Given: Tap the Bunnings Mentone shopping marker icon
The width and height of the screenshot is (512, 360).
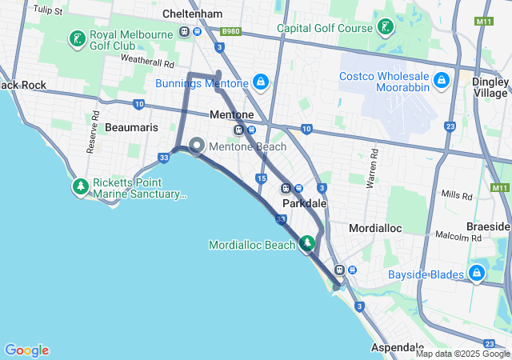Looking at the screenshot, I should pyautogui.click(x=261, y=81).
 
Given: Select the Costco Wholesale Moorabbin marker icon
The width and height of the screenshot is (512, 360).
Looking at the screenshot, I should pyautogui.click(x=441, y=80).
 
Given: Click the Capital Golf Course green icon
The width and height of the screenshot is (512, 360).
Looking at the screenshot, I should pyautogui.click(x=386, y=27).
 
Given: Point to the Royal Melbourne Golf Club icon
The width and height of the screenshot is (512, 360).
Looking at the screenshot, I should pyautogui.click(x=78, y=38).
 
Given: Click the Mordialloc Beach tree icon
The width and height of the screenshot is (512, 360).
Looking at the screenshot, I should pyautogui.click(x=308, y=243).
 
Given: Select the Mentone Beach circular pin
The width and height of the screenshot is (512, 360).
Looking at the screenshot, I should pyautogui.click(x=197, y=146).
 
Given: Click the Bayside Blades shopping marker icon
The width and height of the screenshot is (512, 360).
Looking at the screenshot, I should pyautogui.click(x=477, y=274).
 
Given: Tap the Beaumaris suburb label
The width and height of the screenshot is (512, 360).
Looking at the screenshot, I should pyautogui.click(x=131, y=127).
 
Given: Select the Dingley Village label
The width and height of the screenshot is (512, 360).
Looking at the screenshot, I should pyautogui.click(x=490, y=86).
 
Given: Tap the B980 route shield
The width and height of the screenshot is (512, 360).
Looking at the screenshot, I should pyautogui.click(x=230, y=31).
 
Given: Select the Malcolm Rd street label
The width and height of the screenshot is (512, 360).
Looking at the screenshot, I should pyautogui.click(x=458, y=236).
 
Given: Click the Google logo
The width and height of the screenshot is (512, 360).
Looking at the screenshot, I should pyautogui.click(x=26, y=350).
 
